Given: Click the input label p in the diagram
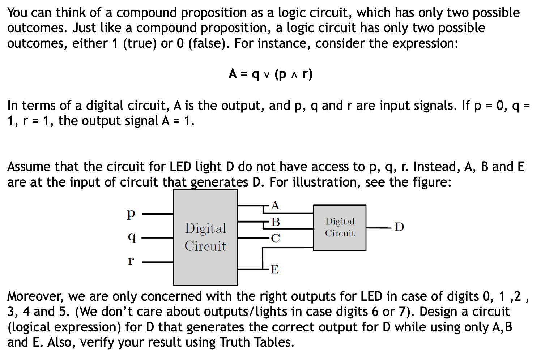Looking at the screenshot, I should pos(131,214).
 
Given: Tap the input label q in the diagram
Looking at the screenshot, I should pos(132,237).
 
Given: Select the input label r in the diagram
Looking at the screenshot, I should pos(131,261).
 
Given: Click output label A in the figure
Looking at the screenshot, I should pos(275,205).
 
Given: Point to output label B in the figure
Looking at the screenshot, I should pos(276,222).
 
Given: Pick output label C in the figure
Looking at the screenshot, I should pos(276,238).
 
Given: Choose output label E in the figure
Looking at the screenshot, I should pos(274,269).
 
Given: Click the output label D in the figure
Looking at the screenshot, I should pos(399,227).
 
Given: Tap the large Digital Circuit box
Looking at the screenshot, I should pos(205,237).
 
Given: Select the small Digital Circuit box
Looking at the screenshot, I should pos(340,227).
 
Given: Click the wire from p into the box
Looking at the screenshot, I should pos(158,214).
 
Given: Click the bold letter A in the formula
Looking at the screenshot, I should pos(233,74).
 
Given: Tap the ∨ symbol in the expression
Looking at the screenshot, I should pos(267,75).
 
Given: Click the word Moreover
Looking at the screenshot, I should pos(36,297).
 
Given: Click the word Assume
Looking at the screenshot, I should pos(29,167).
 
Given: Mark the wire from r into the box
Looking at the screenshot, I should pos(158,262).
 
